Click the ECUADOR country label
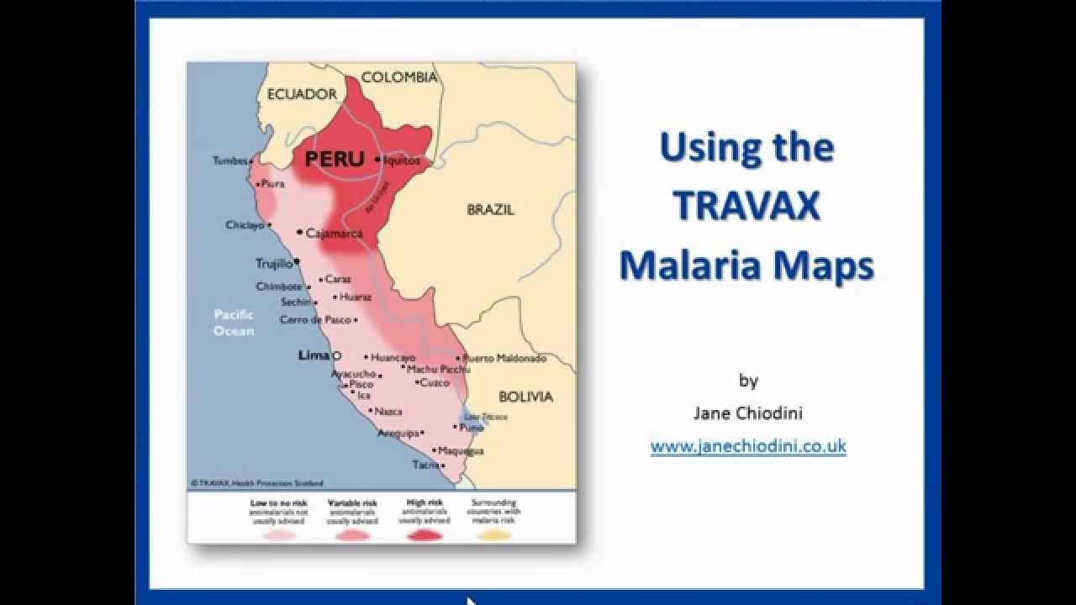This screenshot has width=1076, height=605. [x=302, y=95]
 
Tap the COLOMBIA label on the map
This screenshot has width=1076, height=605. [x=399, y=77]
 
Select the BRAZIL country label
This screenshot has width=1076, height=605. [x=490, y=210]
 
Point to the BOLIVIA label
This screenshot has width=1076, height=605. [x=525, y=397]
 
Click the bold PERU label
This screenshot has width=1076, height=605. [x=335, y=159]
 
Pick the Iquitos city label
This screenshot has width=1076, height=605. [x=401, y=160]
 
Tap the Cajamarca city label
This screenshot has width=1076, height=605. [x=334, y=234]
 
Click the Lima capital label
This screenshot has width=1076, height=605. [x=314, y=356]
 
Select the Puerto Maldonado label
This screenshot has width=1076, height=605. [x=505, y=358]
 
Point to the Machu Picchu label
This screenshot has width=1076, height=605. [x=438, y=369]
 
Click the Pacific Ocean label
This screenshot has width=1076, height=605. [x=234, y=323]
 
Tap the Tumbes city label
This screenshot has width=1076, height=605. [x=230, y=160]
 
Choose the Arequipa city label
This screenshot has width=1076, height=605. [x=398, y=434]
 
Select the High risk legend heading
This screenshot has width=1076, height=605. [x=425, y=502]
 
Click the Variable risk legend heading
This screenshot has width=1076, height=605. [x=352, y=502]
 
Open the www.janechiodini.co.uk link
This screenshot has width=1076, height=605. [x=748, y=446]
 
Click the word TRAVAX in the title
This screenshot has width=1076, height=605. [x=746, y=206]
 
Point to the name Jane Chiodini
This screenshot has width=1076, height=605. [x=747, y=413]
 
